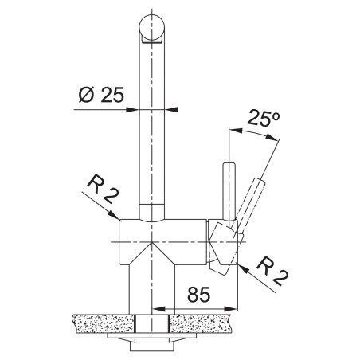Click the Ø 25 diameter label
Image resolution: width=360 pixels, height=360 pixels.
tap(101, 95)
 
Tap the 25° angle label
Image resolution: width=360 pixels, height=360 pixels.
tap(263, 118)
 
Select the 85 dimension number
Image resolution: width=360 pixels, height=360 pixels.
tap(198, 295)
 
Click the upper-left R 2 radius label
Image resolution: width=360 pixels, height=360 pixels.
tap(102, 190)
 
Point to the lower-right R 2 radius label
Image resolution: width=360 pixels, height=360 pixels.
tap(272, 272)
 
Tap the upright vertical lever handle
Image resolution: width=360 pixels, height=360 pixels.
tap(229, 192)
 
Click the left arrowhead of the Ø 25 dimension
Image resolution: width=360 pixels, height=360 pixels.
tap(132, 109)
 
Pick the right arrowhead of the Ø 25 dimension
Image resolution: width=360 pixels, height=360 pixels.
tap(171, 109)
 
